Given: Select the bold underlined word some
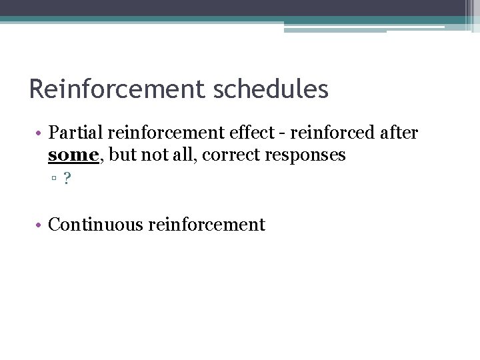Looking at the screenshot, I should click(72, 155).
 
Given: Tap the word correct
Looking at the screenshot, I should click(231, 155).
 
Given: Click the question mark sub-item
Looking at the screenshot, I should click(67, 179).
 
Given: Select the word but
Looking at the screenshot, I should click(120, 155).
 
